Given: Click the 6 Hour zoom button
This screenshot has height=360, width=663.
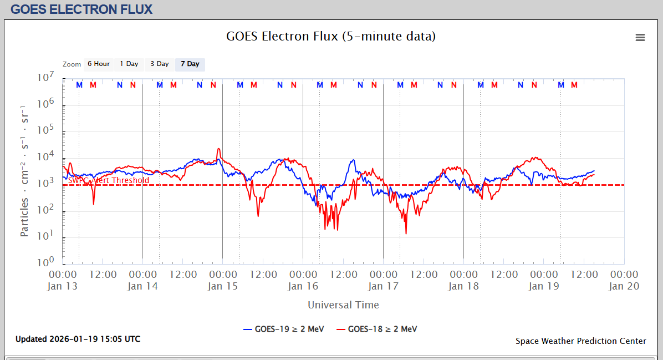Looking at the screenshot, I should pos(99,64).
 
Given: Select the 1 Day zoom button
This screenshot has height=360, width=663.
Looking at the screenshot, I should pos(129,64).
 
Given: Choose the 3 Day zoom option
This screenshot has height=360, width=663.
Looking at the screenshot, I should pos(160,64).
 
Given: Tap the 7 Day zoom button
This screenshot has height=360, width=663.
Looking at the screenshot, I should pos(190,64).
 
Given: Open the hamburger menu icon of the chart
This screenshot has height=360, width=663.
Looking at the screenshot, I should pos(640,38).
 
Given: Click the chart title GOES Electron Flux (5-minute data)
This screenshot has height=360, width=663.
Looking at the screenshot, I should pos(331,37).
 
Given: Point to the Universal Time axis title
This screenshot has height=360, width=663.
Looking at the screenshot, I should pos(343,305).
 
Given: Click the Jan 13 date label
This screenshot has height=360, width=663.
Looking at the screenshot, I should pos(63,286).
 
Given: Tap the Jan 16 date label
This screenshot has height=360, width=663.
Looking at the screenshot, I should pos(303,286).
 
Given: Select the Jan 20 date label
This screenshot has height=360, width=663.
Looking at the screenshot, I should pos(624,286).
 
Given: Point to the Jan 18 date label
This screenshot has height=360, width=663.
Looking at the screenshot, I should pos(463,286).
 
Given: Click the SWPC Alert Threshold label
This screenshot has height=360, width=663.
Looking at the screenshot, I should pos(109,180).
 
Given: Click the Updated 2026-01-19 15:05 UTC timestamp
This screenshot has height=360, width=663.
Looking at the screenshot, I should pos(78,339).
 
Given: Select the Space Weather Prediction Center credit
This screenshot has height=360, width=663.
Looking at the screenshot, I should pos(580,341).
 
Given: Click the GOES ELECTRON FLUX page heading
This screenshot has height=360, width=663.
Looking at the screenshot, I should pos(81,9).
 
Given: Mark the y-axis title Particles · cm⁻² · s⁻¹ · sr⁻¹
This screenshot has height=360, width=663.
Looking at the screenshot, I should pos(24,170).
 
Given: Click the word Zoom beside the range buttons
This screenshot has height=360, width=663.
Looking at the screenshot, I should pos(72,64).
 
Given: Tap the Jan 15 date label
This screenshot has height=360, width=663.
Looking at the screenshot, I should pos(223,286).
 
